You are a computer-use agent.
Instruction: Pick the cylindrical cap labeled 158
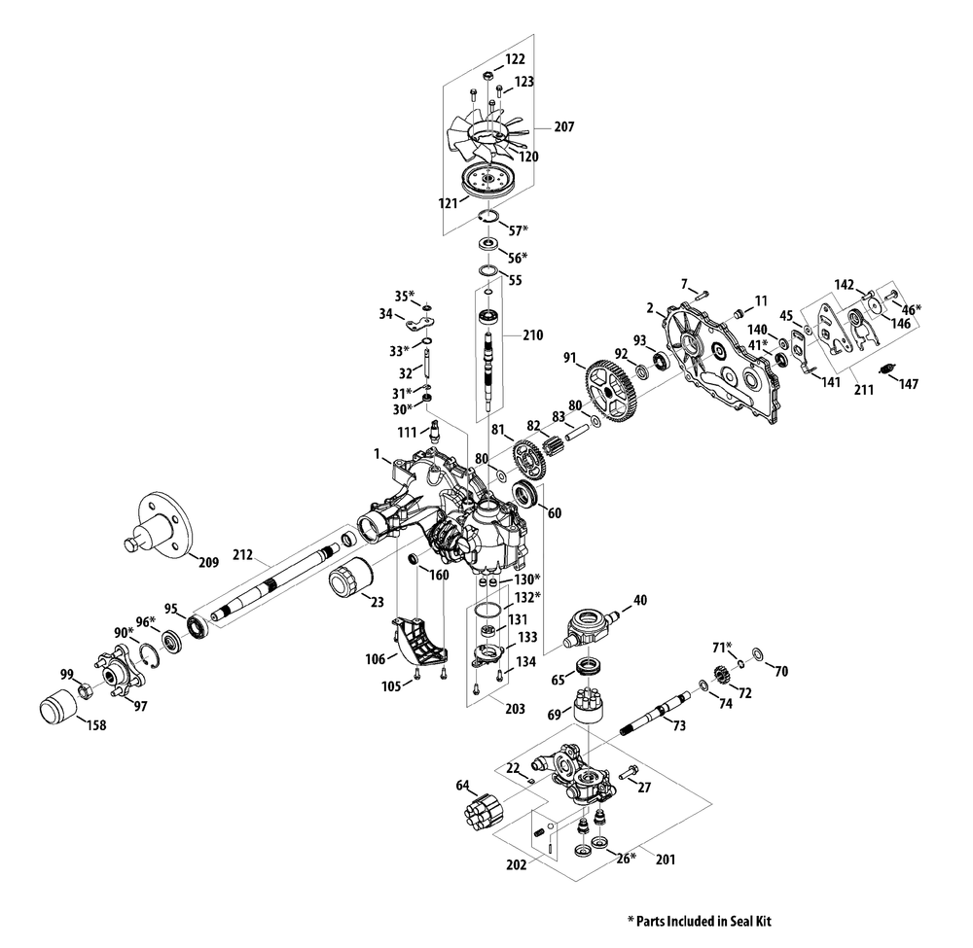(x=57, y=705)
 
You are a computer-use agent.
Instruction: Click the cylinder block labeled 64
(x=484, y=813)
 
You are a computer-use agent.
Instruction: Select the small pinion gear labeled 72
(x=722, y=674)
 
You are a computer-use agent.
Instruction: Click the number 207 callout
(x=564, y=126)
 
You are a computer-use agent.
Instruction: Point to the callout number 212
(x=242, y=554)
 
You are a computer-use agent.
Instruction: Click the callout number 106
(x=376, y=659)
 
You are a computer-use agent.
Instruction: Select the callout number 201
(x=666, y=860)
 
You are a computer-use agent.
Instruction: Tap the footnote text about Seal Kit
(x=700, y=922)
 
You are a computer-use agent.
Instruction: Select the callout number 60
(x=555, y=512)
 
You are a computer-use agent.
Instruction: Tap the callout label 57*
(x=518, y=230)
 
